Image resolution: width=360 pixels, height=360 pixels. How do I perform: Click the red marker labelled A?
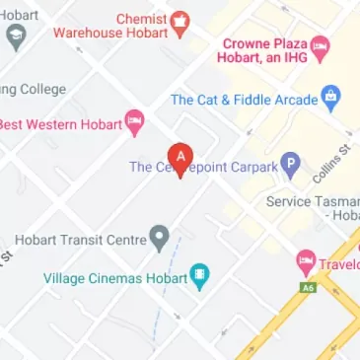pyautogui.click(x=180, y=156)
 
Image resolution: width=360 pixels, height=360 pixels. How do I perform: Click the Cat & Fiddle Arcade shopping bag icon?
pyautogui.click(x=330, y=100)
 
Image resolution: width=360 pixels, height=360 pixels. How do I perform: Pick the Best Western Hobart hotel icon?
pyautogui.click(x=134, y=122)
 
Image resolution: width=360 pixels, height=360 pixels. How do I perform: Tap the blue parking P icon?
pyautogui.click(x=289, y=166)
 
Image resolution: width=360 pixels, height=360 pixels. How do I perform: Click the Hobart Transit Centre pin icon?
pyautogui.click(x=159, y=238)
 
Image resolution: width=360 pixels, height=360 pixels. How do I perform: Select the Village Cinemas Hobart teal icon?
pyautogui.click(x=200, y=277)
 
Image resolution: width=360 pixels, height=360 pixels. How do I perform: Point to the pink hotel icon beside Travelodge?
pyautogui.click(x=306, y=263)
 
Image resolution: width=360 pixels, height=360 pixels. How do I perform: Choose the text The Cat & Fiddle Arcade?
pyautogui.click(x=244, y=101)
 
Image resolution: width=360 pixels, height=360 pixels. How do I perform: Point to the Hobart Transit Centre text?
pyautogui.click(x=79, y=240)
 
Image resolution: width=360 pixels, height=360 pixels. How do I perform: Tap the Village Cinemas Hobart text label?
pyautogui.click(x=115, y=278)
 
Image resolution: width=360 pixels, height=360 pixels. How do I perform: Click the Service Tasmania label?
pyautogui.click(x=314, y=201)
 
